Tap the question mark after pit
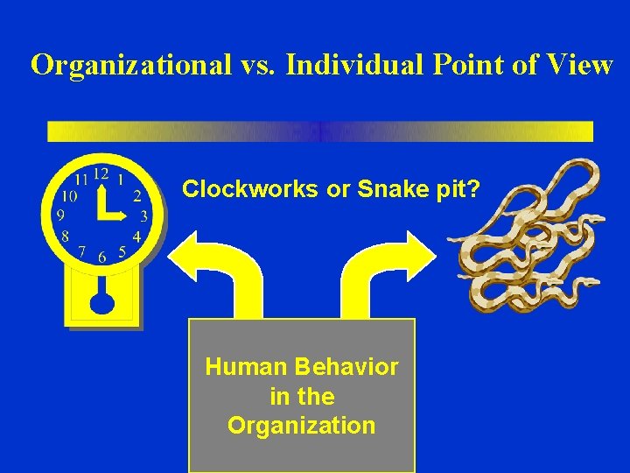[x=474, y=189]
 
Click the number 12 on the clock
[x=101, y=173]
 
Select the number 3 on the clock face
[x=144, y=215]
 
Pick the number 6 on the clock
[x=102, y=258]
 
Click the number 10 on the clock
[x=67, y=195]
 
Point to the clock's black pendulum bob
[x=102, y=300]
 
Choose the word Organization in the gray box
[x=301, y=426]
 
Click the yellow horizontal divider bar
[x=319, y=131]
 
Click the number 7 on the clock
[x=81, y=251]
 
